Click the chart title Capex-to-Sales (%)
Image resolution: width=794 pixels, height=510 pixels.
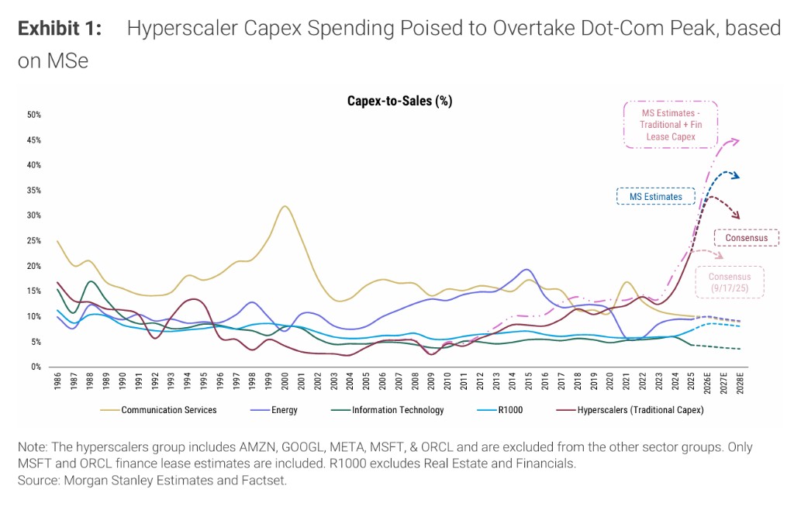pyautogui.click(x=399, y=101)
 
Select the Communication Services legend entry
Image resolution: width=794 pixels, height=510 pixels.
pyautogui.click(x=170, y=410)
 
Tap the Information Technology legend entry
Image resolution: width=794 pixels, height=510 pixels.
pyautogui.click(x=398, y=410)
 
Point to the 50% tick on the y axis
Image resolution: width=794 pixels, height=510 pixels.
pyautogui.click(x=34, y=115)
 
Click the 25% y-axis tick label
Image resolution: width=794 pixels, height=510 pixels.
pyautogui.click(x=34, y=241)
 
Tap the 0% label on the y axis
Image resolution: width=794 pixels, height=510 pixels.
pyautogui.click(x=36, y=367)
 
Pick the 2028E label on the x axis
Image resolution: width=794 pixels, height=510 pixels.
pyautogui.click(x=740, y=384)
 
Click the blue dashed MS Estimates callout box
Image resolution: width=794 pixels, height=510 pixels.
pyautogui.click(x=655, y=197)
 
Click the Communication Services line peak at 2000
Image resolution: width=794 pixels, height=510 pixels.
pyautogui.click(x=285, y=206)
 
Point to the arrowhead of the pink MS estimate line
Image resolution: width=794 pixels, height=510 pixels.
pyautogui.click(x=737, y=140)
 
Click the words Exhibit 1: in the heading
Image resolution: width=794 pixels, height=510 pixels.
pyautogui.click(x=60, y=29)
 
